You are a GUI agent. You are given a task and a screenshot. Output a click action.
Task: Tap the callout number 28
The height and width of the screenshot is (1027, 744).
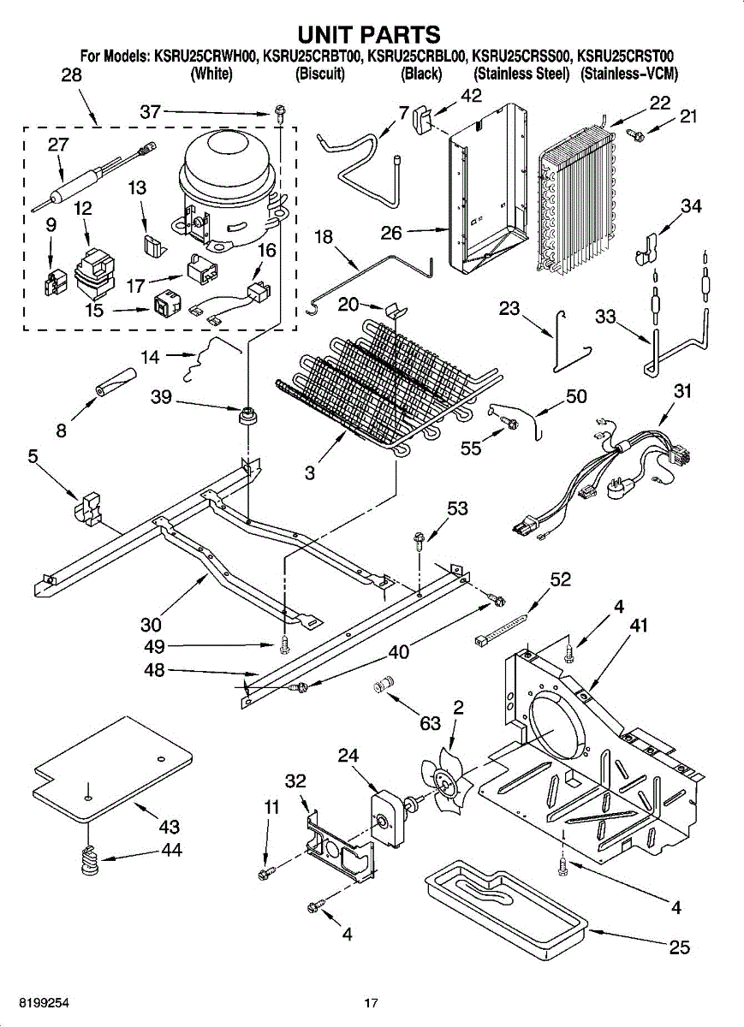click(72, 74)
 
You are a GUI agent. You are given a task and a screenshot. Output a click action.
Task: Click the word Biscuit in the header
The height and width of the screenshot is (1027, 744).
click(319, 74)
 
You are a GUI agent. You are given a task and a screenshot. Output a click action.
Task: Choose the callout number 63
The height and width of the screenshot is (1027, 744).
click(430, 723)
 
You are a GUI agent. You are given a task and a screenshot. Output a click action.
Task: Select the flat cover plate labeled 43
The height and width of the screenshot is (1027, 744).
click(112, 769)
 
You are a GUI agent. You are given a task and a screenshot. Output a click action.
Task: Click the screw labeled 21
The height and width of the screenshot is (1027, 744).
click(635, 134)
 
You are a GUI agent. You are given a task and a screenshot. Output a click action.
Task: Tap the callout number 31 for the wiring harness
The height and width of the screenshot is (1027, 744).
click(682, 391)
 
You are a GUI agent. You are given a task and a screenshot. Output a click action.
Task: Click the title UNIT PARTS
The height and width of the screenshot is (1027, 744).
click(370, 34)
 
